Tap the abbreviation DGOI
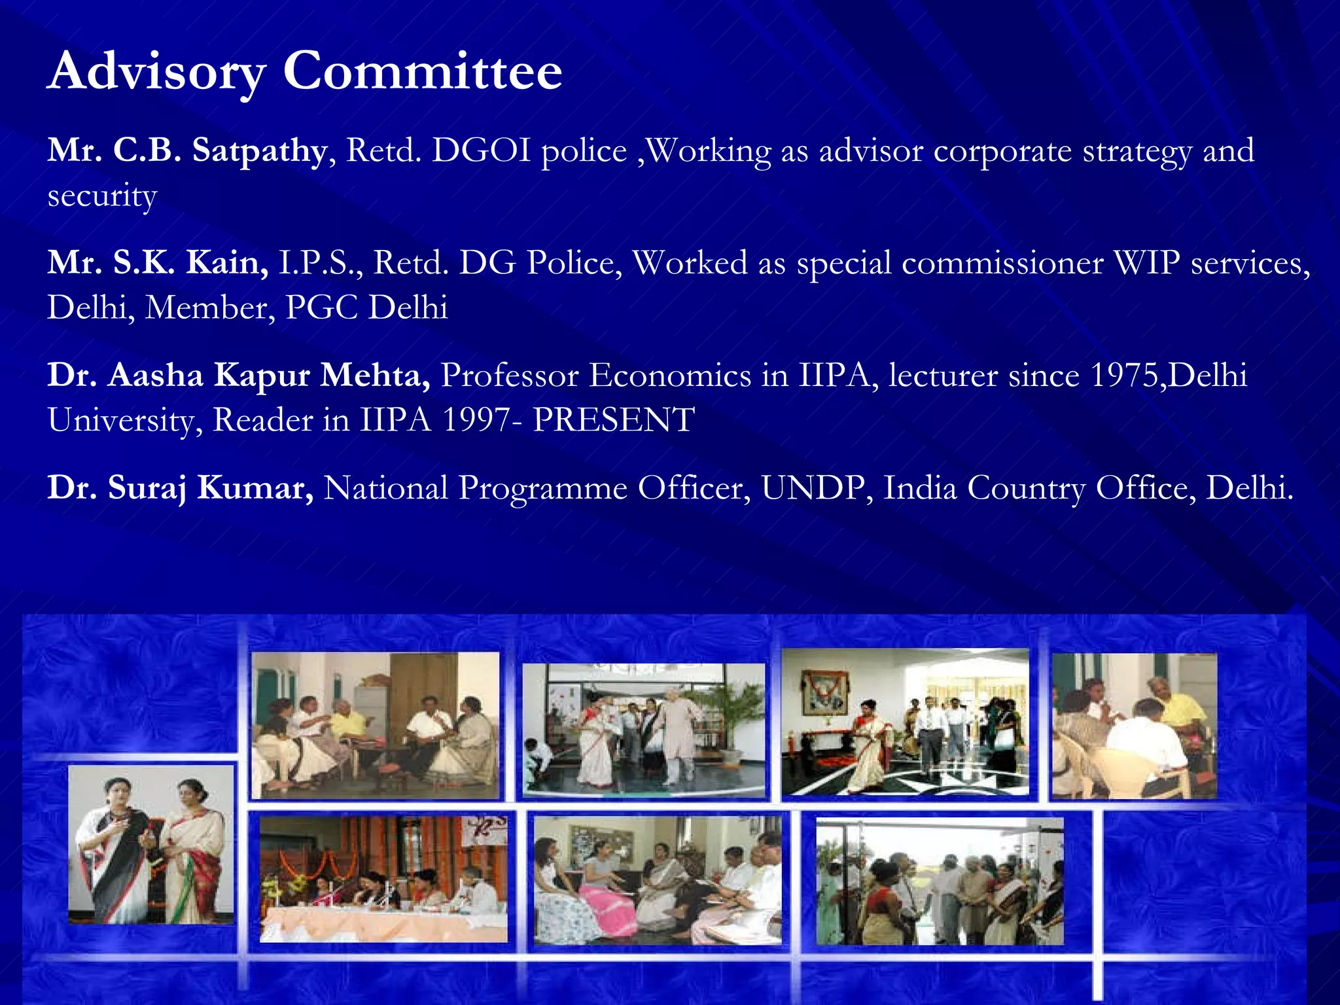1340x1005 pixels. [x=481, y=150]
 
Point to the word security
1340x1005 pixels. [x=102, y=196]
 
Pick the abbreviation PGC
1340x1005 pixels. [x=322, y=308]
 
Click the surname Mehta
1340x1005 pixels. [x=375, y=376]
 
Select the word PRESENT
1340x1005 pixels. [x=613, y=420]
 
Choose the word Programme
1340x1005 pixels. [x=542, y=488]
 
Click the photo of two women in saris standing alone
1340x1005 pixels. [x=150, y=844]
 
